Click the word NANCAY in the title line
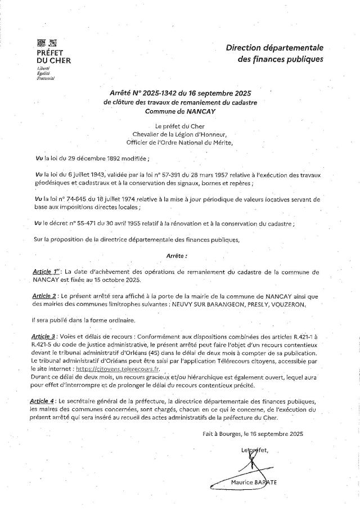point(202,111)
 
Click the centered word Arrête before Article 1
point(177,255)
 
